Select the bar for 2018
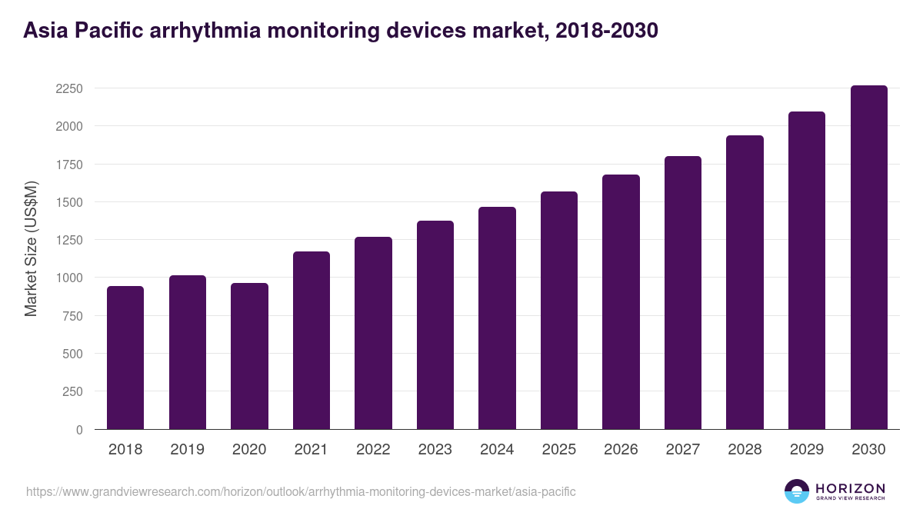[125, 358]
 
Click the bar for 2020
[249, 356]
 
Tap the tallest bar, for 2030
[868, 258]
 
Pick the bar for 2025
[558, 310]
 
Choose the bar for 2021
[312, 340]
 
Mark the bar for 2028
[745, 282]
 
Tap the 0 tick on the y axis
[79, 430]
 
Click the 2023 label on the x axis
[435, 450]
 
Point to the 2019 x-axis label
[187, 450]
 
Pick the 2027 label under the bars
[682, 450]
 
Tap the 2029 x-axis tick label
[806, 450]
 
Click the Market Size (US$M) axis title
[31, 248]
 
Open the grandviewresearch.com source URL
[301, 491]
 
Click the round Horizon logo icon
[797, 491]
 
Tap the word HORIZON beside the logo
[850, 487]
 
